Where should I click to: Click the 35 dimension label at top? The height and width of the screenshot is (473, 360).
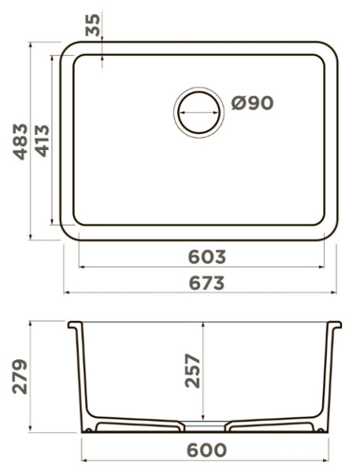(93, 25)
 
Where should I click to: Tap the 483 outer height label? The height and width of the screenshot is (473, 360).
(20, 141)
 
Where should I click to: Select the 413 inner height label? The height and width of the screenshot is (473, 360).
(42, 141)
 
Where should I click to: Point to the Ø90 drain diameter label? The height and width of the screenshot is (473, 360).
(252, 103)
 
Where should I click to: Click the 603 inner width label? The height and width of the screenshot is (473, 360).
(207, 257)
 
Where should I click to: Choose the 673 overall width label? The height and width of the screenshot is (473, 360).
(207, 283)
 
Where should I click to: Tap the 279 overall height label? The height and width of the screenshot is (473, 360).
(20, 377)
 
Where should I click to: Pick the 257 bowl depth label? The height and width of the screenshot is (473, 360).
(192, 371)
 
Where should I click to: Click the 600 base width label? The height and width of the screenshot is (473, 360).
(207, 450)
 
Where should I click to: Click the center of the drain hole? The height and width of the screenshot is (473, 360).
(199, 113)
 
